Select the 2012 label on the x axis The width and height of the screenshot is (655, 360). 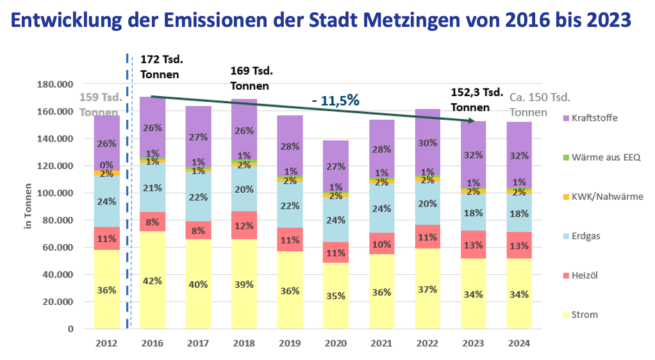pyautogui.click(x=106, y=343)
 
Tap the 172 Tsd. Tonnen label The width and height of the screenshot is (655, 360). pyautogui.click(x=161, y=67)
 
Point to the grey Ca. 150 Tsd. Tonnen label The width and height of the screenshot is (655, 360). pyautogui.click(x=540, y=104)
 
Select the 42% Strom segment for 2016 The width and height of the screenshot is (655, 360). pyautogui.click(x=152, y=281)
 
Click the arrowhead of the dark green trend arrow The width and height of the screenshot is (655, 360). pyautogui.click(x=472, y=120)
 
